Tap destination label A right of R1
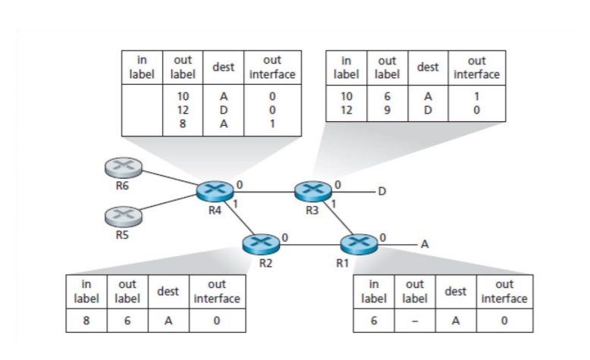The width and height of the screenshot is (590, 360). click(x=425, y=244)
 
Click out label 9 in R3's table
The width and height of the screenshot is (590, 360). click(x=386, y=110)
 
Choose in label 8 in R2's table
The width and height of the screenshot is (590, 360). click(x=86, y=320)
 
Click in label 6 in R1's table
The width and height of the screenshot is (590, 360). click(x=373, y=320)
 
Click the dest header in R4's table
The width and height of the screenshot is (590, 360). click(x=222, y=67)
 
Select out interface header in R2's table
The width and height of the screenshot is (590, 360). click(x=217, y=293)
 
